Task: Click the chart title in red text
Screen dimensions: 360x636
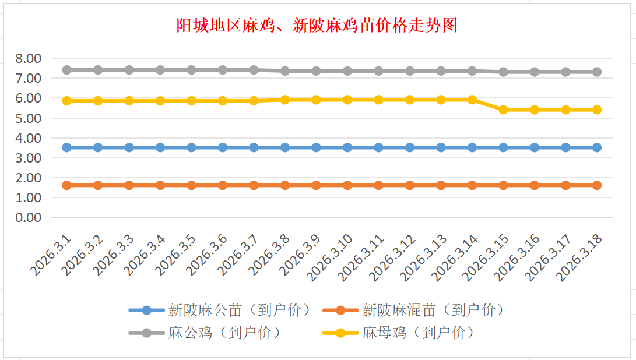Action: pos(317,26)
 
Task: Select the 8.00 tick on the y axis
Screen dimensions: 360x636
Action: pos(29,58)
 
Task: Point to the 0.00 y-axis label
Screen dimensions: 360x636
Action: pos(29,217)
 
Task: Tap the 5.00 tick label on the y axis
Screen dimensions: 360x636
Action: pos(29,118)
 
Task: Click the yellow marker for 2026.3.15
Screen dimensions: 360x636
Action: pos(503,110)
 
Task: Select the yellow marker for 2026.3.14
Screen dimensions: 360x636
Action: pos(472,100)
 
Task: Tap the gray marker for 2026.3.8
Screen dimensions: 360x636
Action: pos(285,71)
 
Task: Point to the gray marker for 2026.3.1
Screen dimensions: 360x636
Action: pos(66,70)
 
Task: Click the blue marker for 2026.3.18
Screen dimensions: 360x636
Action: pos(597,147)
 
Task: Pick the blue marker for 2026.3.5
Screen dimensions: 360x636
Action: pos(191,147)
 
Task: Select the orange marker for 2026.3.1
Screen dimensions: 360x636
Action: pos(66,185)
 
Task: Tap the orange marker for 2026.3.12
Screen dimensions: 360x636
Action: pos(410,185)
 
